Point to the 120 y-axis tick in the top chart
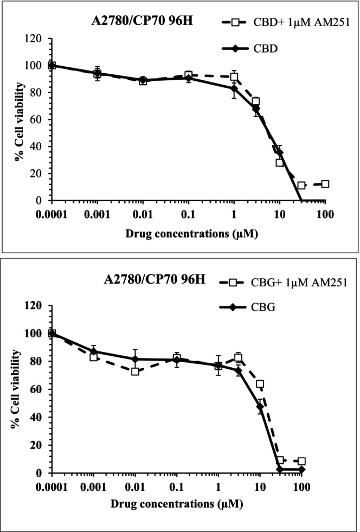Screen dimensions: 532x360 (35, 39)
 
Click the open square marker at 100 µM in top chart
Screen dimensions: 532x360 (325, 184)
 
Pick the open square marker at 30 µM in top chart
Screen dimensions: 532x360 (301, 185)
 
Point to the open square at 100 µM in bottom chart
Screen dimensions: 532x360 (301, 462)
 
